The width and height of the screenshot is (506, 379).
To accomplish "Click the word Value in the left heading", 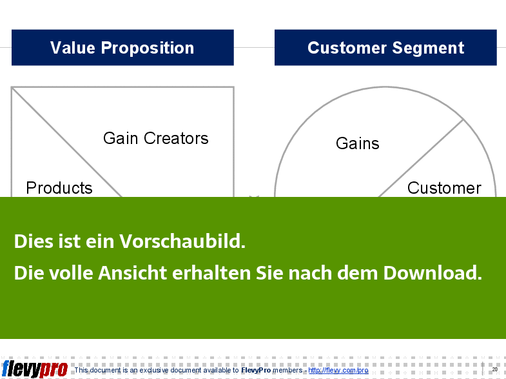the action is (73, 48).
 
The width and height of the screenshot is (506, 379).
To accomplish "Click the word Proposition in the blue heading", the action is (148, 48).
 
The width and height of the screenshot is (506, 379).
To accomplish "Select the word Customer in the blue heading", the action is (347, 48).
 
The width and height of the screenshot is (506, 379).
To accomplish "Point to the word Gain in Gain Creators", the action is (121, 138).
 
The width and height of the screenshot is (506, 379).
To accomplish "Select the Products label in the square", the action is (59, 188).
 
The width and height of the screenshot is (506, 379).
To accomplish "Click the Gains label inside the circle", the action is (358, 143).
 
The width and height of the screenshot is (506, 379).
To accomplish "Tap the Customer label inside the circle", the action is (444, 188).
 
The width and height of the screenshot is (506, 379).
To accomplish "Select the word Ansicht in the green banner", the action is (132, 272).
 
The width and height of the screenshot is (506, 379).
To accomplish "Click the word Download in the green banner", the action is (433, 272).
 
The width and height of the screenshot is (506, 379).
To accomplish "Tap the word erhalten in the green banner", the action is (211, 272).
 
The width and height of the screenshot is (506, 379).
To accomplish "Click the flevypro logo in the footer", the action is (35, 369).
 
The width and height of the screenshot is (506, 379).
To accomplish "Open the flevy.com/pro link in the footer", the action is (338, 370).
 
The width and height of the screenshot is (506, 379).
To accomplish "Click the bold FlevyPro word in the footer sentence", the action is (256, 370).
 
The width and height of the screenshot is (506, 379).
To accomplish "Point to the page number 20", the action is (494, 369).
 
